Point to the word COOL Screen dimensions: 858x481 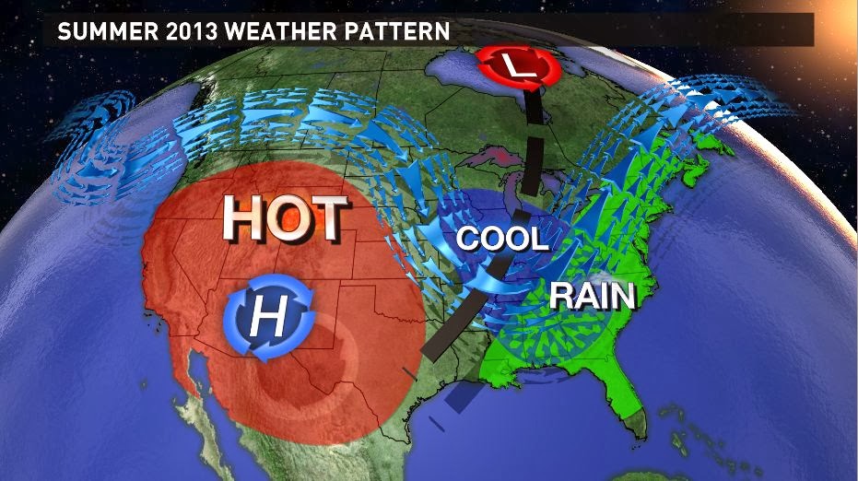(502, 239)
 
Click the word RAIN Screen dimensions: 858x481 (593, 296)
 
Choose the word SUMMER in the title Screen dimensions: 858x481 (97, 30)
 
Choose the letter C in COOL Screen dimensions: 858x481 (469, 239)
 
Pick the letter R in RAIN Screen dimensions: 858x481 (562, 296)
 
